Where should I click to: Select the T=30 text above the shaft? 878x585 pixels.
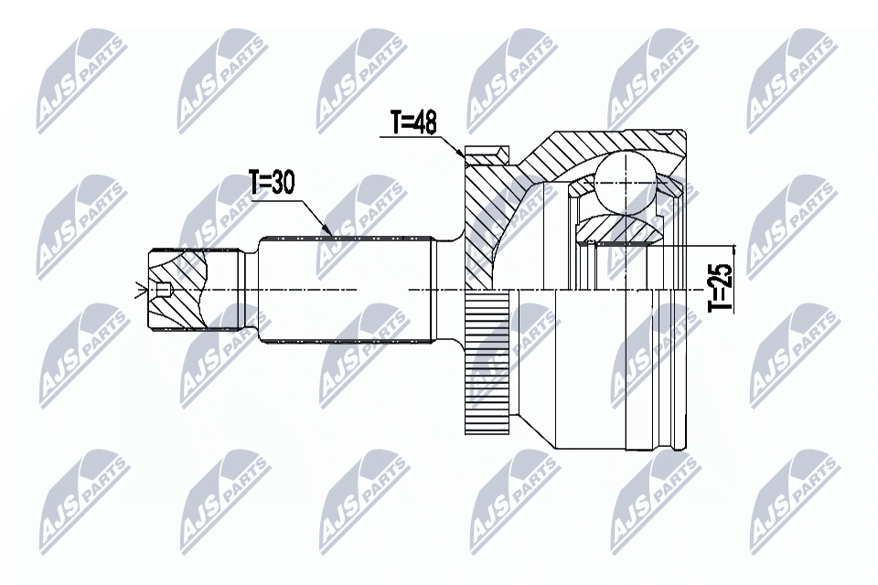point(272,183)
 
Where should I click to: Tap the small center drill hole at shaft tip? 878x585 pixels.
point(163,291)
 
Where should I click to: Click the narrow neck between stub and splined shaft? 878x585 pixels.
point(248,290)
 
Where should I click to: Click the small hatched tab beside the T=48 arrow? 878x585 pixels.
point(487,155)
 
